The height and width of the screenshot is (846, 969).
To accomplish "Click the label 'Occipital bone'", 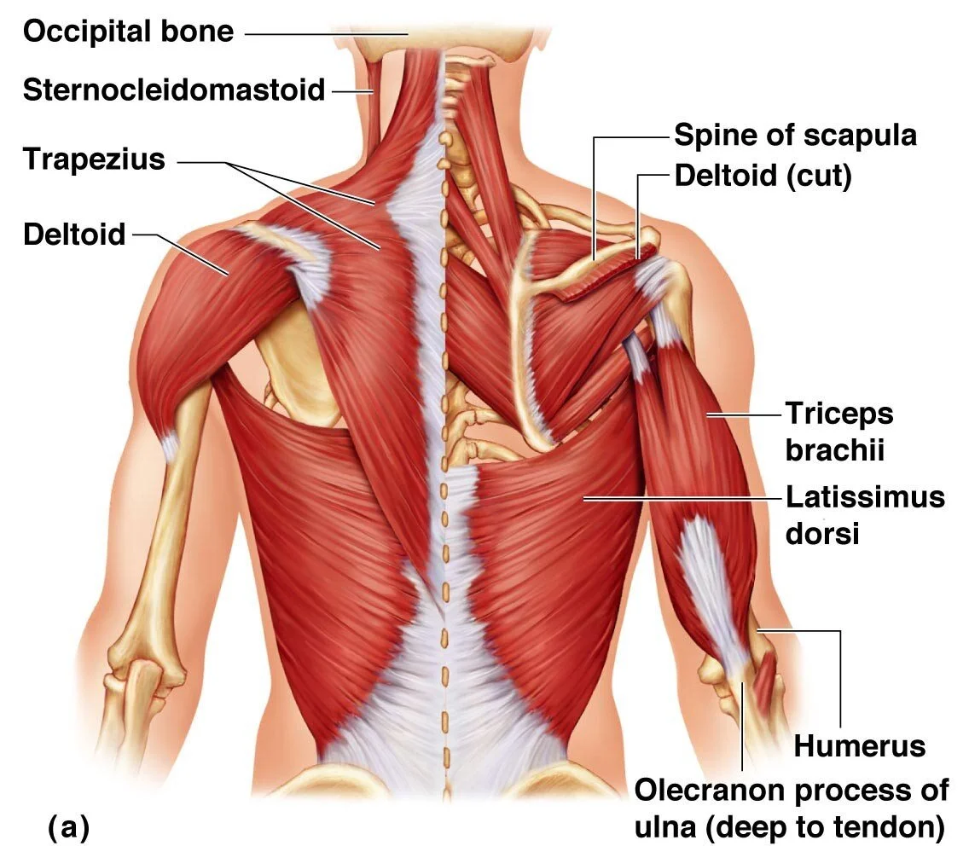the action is (128, 32).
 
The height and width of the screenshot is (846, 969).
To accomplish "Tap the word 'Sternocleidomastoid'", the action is (174, 90).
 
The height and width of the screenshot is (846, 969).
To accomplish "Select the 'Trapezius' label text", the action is (94, 159).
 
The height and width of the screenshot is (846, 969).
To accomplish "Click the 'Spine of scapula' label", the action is (795, 135).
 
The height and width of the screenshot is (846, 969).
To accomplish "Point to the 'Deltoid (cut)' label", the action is (763, 177).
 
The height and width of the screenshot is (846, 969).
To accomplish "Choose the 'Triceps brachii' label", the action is (838, 432).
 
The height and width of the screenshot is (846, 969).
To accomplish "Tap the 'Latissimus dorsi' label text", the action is (864, 514).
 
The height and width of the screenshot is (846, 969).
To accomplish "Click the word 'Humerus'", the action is (859, 746).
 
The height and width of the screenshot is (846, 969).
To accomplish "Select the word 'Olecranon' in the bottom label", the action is (710, 791).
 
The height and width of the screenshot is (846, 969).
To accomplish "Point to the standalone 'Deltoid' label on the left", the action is (75, 234).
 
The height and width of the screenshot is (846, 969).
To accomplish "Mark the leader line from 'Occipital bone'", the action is (324, 33).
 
